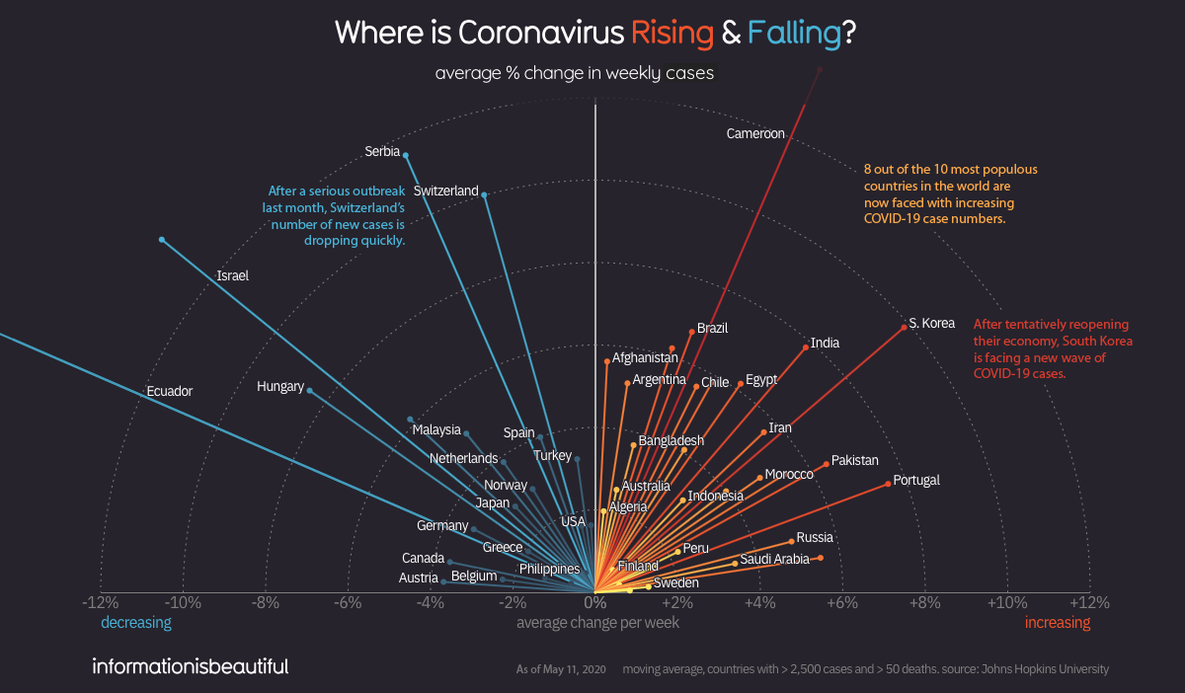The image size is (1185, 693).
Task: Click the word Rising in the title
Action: tap(672, 33)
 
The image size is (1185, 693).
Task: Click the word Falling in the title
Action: tap(793, 33)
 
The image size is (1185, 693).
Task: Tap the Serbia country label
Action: tap(382, 152)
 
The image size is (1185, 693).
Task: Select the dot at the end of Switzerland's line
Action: tap(484, 194)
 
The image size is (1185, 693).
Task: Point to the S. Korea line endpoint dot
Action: tap(904, 327)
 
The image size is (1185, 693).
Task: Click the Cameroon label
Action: tap(755, 133)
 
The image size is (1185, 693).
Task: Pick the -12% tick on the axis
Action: tap(101, 602)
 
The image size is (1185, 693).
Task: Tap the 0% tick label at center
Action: tap(594, 602)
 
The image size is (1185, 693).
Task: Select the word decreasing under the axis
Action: tap(136, 623)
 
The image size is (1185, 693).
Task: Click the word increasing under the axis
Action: tap(1058, 623)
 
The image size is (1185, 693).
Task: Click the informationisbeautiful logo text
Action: tap(190, 666)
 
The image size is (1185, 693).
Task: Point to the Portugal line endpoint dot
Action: tap(888, 483)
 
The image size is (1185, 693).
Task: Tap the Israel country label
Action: tap(232, 276)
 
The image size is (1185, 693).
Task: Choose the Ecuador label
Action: tap(169, 392)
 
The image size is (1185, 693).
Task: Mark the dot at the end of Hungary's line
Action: tap(310, 390)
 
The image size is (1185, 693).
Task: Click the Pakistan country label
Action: tap(854, 460)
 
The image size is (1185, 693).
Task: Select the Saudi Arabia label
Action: tap(774, 559)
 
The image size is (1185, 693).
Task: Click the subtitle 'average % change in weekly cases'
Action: tap(574, 73)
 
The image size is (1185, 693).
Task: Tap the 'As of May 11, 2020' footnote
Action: tap(561, 669)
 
